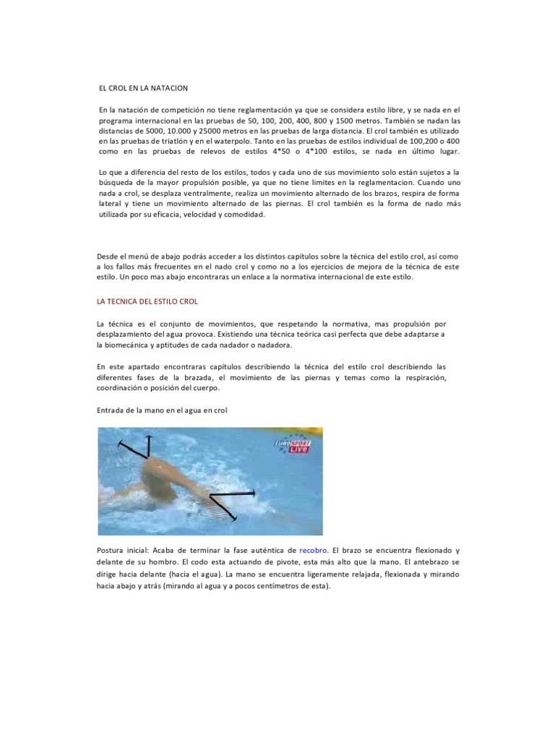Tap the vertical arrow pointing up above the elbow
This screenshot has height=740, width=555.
(x=149, y=447)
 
